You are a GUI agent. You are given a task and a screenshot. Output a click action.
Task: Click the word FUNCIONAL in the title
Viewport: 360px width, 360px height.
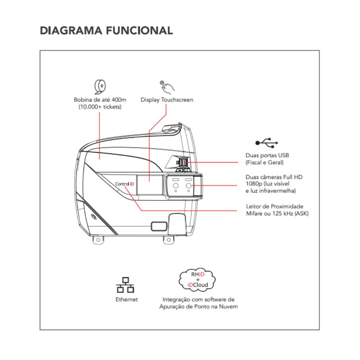[x=139, y=30]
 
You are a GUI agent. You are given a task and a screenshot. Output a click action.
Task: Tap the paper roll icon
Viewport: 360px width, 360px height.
[x=100, y=86]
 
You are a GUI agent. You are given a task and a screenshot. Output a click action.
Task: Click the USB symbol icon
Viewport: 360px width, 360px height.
[x=267, y=143]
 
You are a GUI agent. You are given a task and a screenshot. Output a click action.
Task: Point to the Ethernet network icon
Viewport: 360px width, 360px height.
[x=125, y=285]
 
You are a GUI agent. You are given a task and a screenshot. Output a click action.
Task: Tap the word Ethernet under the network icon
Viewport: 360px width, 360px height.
[x=126, y=299]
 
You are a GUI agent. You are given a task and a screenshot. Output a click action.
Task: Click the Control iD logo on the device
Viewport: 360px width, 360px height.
[x=125, y=184]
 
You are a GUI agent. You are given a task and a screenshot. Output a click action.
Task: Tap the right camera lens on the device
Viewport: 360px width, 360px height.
[x=188, y=185]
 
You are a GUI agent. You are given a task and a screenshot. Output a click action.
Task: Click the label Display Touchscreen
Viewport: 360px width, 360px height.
[x=167, y=100]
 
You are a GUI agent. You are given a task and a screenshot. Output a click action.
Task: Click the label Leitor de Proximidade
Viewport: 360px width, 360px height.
[x=274, y=206]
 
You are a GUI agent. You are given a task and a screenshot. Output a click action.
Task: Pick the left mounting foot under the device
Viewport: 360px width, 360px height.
[x=97, y=239]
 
